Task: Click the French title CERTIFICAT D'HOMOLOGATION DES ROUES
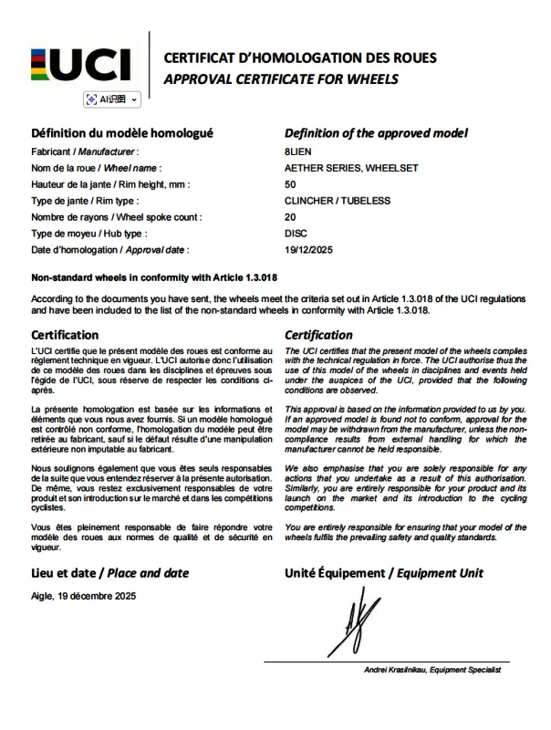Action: click(300, 58)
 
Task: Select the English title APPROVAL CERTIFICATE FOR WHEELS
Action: click(281, 79)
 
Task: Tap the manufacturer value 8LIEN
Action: click(297, 151)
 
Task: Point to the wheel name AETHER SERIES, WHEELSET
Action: click(338, 168)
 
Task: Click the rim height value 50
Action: click(290, 184)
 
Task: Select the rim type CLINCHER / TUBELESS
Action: click(337, 201)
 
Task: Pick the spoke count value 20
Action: click(290, 217)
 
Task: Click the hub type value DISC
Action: click(296, 234)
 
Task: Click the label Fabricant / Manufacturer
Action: click(85, 151)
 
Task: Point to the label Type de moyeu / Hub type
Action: click(89, 234)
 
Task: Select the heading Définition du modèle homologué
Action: click(122, 133)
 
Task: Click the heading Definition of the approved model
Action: click(376, 133)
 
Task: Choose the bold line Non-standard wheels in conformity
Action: click(154, 276)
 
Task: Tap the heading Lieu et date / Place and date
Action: click(110, 573)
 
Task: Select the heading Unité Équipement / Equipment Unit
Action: click(384, 573)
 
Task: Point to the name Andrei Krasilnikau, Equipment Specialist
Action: click(432, 671)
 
